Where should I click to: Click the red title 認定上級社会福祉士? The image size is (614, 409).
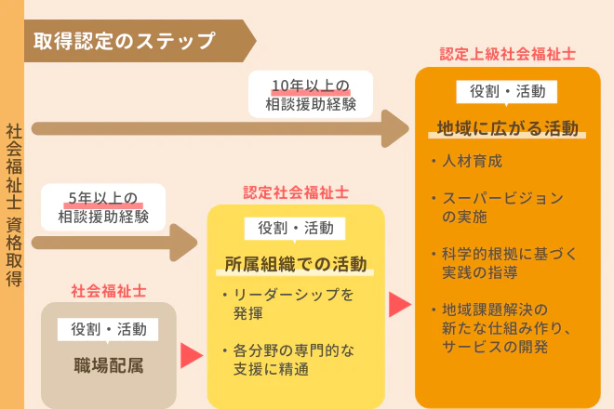[507, 54]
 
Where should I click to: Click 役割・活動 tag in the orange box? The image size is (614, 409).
[507, 91]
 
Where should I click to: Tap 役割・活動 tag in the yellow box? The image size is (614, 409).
[295, 228]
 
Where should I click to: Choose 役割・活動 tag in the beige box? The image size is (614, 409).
[109, 328]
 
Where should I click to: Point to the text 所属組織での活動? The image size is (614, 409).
[296, 264]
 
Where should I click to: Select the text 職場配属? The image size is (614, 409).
[109, 364]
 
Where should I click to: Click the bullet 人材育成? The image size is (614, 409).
[473, 161]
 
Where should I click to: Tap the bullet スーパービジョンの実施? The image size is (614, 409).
[501, 207]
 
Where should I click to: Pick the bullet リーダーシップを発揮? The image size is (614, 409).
[287, 305]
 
